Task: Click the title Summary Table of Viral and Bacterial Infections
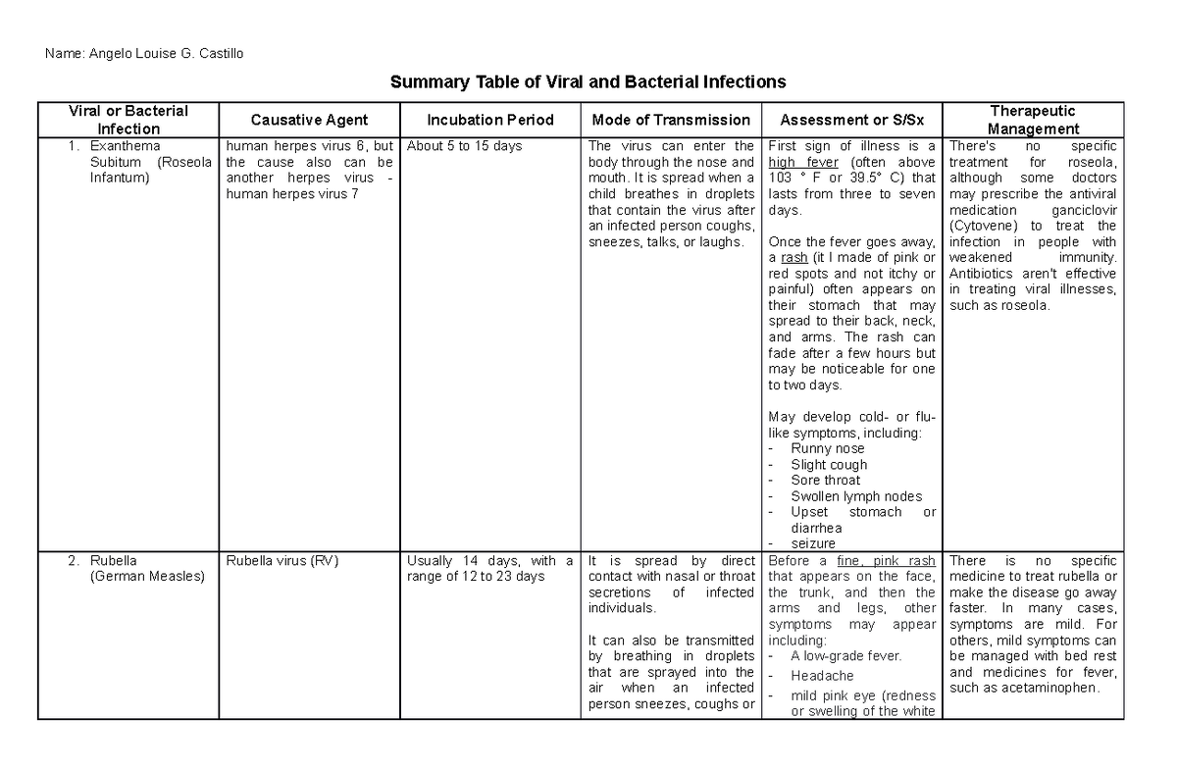[588, 81]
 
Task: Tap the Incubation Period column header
[490, 120]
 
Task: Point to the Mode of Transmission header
[671, 120]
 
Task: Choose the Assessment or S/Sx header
[851, 120]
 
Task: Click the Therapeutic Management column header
[1033, 120]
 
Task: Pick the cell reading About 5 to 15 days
[465, 146]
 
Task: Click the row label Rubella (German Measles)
[147, 569]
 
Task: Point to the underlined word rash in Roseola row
[794, 257]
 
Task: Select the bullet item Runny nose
[828, 448]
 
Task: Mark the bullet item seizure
[813, 543]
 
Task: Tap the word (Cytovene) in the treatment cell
[984, 226]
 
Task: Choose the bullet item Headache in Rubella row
[822, 676]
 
